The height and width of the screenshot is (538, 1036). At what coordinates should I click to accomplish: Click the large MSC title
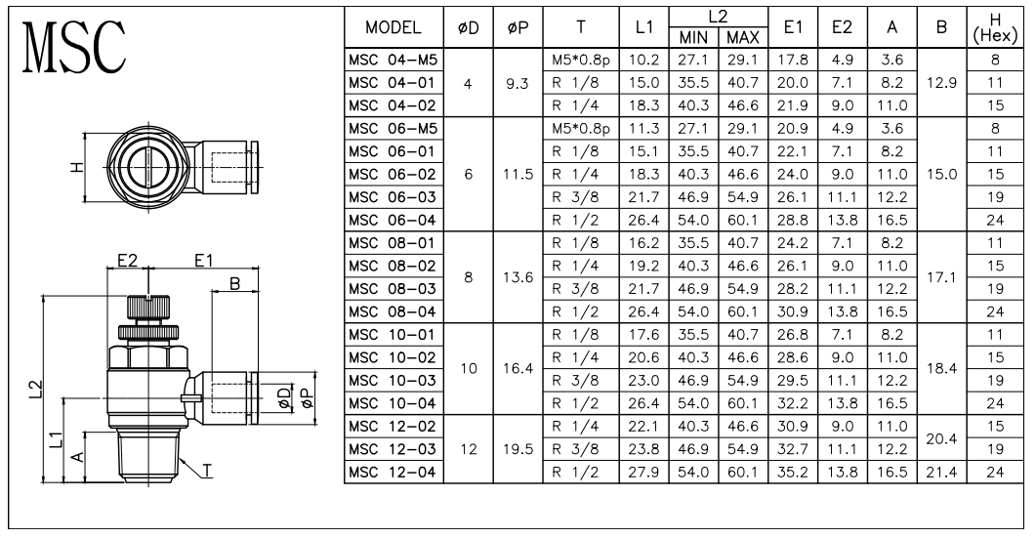pos(74,46)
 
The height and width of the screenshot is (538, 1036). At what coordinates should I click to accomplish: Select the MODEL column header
pos(394,27)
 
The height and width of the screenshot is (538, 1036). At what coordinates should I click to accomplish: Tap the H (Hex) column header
pos(995,28)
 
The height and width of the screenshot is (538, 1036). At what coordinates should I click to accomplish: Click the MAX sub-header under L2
pos(743,38)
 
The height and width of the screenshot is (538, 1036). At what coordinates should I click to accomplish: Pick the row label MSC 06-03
pos(393,197)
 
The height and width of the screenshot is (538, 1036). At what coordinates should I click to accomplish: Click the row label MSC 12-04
pos(393,472)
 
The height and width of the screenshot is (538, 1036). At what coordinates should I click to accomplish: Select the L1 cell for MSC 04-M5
pos(643,60)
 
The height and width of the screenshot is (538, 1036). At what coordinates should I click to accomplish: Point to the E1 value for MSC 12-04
pos(792,472)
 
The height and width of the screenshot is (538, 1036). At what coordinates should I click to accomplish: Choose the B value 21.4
pos(941,472)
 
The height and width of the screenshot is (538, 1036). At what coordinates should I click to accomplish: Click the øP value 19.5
pos(518,449)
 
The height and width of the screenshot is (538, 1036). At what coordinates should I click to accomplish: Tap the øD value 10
pos(468,369)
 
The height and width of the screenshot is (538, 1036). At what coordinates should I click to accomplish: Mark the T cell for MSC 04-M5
pos(581,60)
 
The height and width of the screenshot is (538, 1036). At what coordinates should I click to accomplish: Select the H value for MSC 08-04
pos(995,311)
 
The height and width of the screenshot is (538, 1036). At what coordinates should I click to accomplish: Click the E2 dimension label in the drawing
pos(127,261)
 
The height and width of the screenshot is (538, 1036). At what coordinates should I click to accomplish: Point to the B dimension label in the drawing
pos(234,283)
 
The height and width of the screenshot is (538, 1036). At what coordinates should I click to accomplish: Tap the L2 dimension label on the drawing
pos(36,390)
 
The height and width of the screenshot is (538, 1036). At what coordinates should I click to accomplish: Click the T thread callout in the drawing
pos(207,470)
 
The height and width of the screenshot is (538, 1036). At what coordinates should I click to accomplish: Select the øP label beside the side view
pos(307,397)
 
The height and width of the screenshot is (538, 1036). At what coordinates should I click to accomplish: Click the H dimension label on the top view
pos(78,167)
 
